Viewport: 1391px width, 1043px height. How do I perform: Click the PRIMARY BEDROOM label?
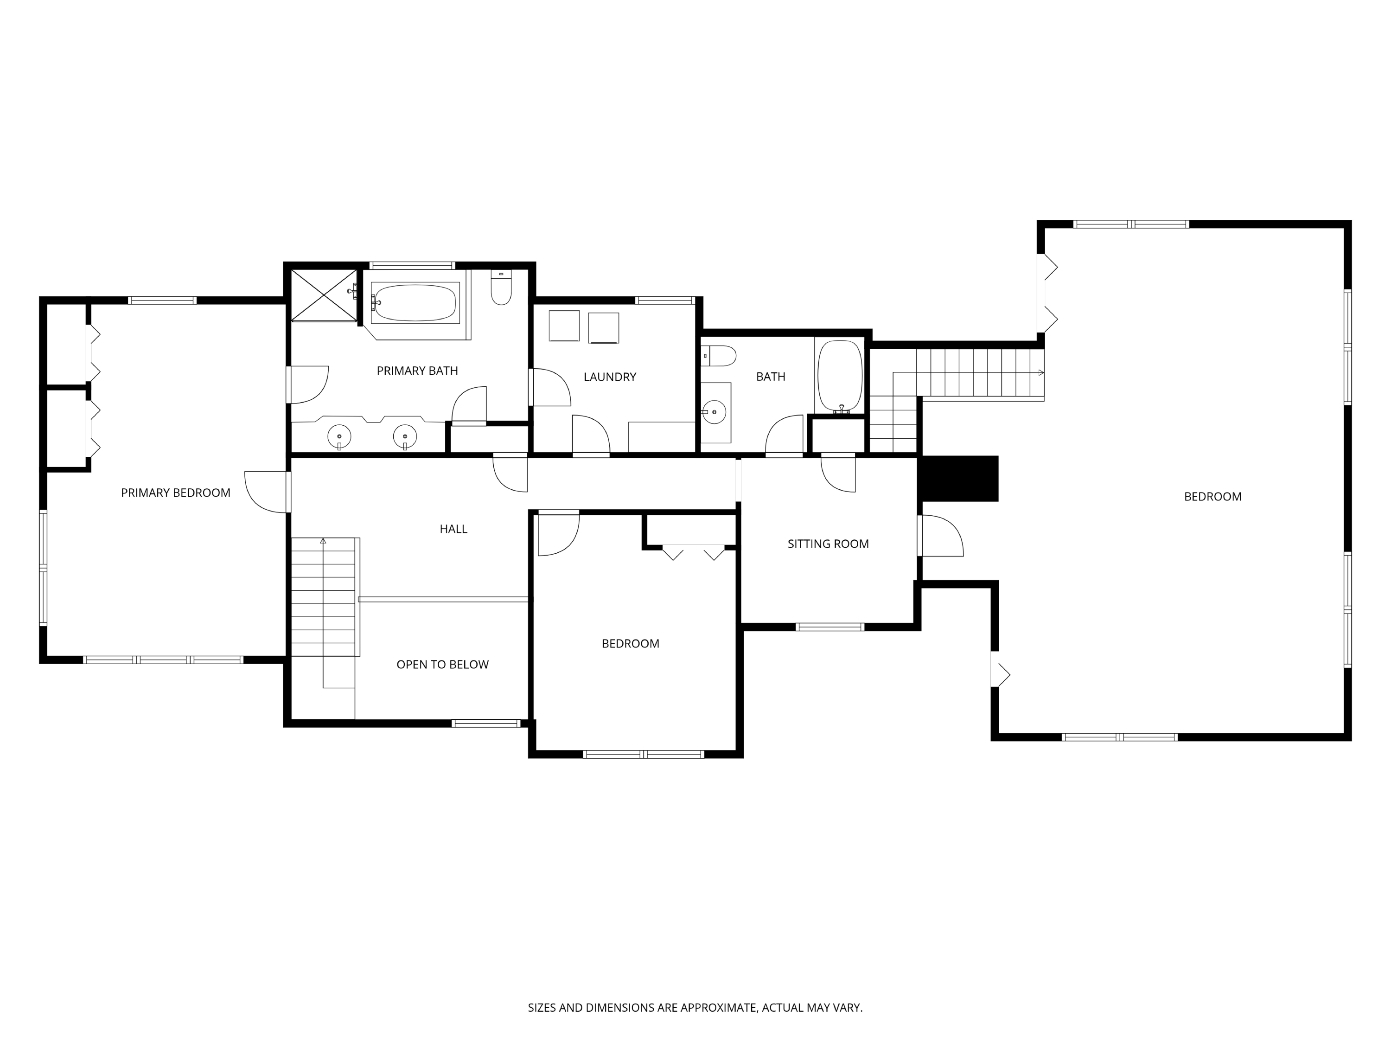pyautogui.click(x=175, y=493)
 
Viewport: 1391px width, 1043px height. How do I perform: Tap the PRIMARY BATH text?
pyautogui.click(x=417, y=371)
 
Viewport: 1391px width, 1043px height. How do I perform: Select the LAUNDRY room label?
pyautogui.click(x=609, y=377)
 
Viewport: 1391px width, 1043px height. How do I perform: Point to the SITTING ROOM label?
pyautogui.click(x=828, y=544)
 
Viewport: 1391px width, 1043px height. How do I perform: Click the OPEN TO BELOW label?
pyautogui.click(x=442, y=664)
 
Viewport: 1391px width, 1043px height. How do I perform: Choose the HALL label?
pyautogui.click(x=453, y=529)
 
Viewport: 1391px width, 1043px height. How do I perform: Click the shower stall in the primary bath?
pyautogui.click(x=323, y=295)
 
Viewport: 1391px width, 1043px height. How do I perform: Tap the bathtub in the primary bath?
pyautogui.click(x=415, y=302)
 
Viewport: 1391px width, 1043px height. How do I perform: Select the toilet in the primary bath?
pyautogui.click(x=501, y=288)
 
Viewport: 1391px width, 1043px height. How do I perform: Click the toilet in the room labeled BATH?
pyautogui.click(x=719, y=356)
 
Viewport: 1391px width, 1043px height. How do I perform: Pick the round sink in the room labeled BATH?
pyautogui.click(x=715, y=412)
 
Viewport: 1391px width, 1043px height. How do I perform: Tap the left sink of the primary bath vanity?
pyautogui.click(x=339, y=436)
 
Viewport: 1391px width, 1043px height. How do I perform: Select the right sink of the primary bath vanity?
pyautogui.click(x=405, y=436)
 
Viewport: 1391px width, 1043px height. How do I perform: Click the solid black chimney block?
pyautogui.click(x=959, y=479)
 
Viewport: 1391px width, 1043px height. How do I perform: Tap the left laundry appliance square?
pyautogui.click(x=564, y=326)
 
